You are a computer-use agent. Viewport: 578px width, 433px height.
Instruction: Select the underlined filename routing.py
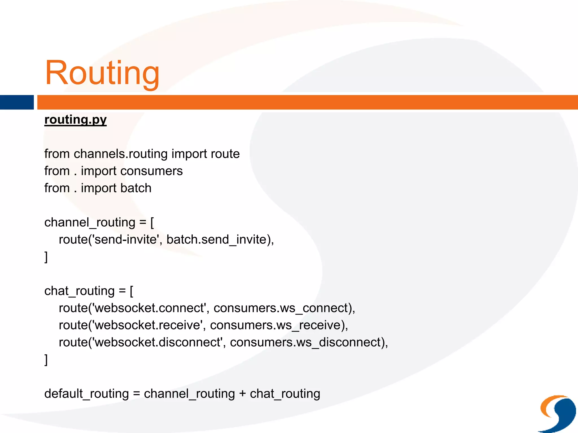[x=76, y=120]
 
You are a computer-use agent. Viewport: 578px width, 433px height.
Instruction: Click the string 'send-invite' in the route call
[x=125, y=240]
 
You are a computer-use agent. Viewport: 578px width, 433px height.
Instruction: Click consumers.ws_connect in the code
[x=281, y=308]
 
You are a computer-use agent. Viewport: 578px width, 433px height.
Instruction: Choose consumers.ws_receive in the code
[x=275, y=325]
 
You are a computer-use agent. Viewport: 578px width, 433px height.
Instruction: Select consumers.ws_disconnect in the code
[x=305, y=343]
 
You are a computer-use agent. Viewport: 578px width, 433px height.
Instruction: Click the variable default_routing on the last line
[x=86, y=394]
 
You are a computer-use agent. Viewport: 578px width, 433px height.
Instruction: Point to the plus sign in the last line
[x=242, y=394]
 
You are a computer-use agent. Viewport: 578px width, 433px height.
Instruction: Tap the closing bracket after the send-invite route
[x=46, y=257]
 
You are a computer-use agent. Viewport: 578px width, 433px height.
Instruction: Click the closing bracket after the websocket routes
[x=46, y=360]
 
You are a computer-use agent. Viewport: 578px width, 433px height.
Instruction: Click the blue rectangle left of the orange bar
[x=17, y=102]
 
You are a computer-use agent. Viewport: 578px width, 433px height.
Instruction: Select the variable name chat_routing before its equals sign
[x=79, y=291]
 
